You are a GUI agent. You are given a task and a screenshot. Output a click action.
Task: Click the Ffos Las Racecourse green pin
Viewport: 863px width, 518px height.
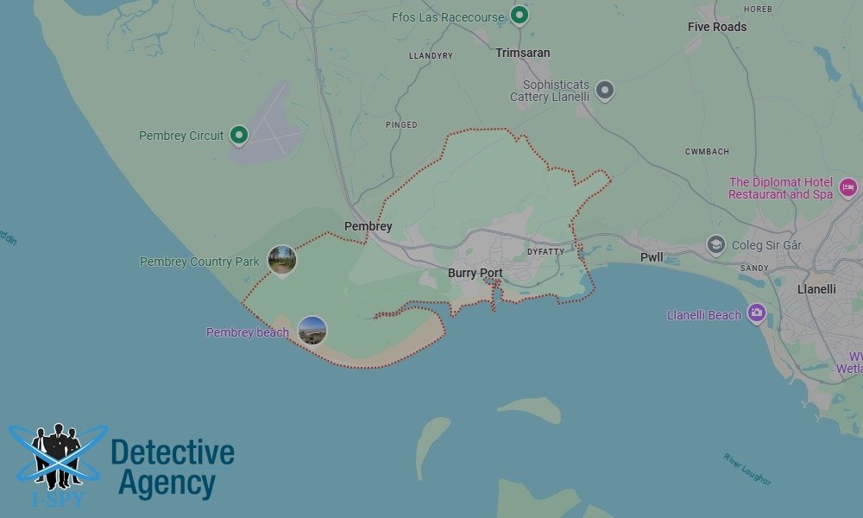pyautogui.click(x=519, y=15)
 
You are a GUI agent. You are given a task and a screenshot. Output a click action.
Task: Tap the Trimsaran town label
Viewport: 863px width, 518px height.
pyautogui.click(x=522, y=53)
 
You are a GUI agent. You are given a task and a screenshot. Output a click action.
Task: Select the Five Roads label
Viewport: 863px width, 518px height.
pyautogui.click(x=717, y=27)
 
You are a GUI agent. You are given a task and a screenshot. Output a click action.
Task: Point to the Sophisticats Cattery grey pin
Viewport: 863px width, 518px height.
pyautogui.click(x=605, y=90)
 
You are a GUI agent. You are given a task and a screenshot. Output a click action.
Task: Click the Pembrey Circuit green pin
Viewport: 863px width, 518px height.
pyautogui.click(x=239, y=135)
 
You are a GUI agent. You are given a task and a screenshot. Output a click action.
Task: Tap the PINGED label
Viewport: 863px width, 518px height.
pyautogui.click(x=401, y=125)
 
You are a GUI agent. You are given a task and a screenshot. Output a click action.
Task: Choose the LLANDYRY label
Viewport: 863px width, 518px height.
pyautogui.click(x=431, y=56)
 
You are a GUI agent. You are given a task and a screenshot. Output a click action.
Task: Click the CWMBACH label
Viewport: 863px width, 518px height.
pyautogui.click(x=707, y=152)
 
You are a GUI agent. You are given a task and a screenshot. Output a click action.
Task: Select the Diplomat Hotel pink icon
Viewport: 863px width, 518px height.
pyautogui.click(x=847, y=186)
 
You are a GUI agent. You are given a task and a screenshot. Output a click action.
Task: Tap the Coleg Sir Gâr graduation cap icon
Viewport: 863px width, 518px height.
pyautogui.click(x=715, y=245)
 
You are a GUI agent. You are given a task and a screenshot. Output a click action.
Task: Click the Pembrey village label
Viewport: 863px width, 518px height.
pyautogui.click(x=368, y=226)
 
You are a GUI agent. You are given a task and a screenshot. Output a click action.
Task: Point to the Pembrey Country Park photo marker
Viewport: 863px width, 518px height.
pyautogui.click(x=282, y=260)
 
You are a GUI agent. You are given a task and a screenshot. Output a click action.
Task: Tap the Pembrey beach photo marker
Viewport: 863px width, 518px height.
pyautogui.click(x=312, y=331)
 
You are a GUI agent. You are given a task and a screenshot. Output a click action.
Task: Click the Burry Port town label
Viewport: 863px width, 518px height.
pyautogui.click(x=475, y=274)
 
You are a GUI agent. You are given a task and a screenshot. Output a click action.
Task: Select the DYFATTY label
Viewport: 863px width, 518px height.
pyautogui.click(x=545, y=252)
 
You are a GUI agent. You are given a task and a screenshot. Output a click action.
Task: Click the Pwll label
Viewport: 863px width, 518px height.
pyautogui.click(x=652, y=258)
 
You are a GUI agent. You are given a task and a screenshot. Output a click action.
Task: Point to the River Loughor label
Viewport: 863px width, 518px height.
pyautogui.click(x=747, y=469)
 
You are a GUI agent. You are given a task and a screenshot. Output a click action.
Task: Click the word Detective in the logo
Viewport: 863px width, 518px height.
pyautogui.click(x=173, y=452)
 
